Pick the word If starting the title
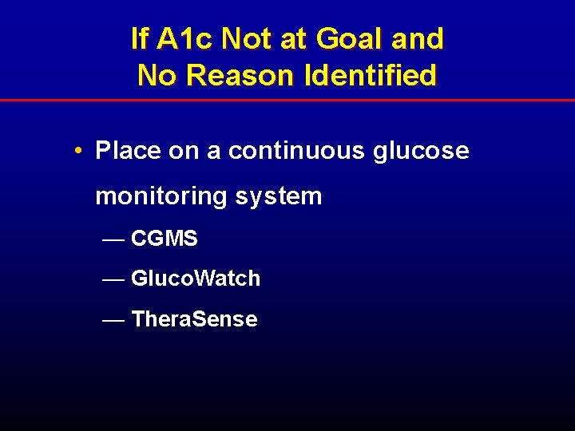pos(140,38)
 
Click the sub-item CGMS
pos(164,239)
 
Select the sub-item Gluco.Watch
pos(196,279)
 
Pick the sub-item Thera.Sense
pos(194,319)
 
